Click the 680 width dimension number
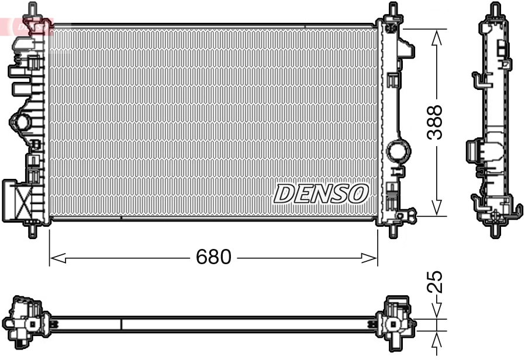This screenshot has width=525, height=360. (214, 257)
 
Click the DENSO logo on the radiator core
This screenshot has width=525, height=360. (321, 193)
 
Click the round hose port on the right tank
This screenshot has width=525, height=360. (399, 151)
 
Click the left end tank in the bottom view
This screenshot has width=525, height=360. (25, 321)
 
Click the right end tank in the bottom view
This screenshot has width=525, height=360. (397, 321)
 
